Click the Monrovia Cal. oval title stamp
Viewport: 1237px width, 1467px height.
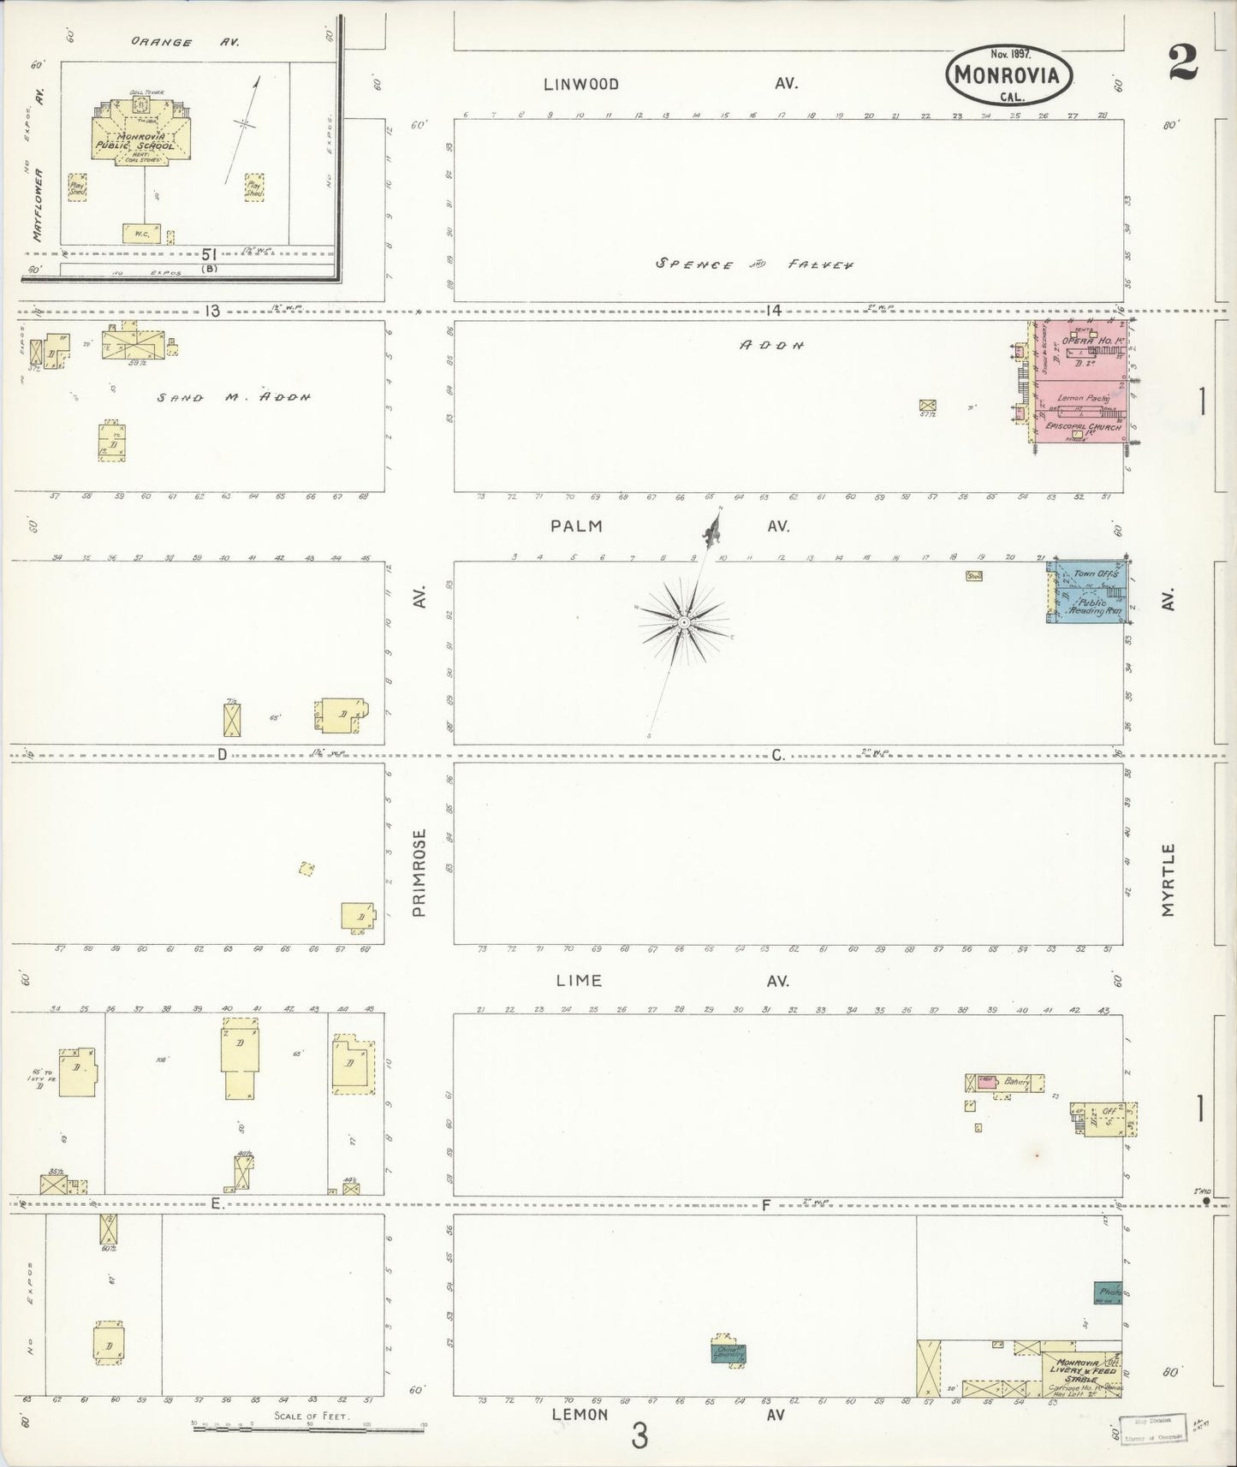[x=1008, y=74]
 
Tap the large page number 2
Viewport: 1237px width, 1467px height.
[x=1183, y=62]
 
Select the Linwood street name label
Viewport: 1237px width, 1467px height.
[x=581, y=84]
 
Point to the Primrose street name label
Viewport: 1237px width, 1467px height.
[x=419, y=873]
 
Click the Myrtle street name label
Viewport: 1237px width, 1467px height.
[x=1169, y=880]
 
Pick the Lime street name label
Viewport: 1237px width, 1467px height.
[x=579, y=981]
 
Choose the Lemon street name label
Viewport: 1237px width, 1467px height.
[x=580, y=1415]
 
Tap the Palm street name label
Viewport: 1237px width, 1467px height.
[x=577, y=526]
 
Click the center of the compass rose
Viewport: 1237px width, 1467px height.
[x=683, y=622]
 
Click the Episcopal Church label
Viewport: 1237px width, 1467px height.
[x=1084, y=427]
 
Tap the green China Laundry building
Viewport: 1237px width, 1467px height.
[x=729, y=1353]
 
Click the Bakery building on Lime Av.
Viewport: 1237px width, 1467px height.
[x=1014, y=1083]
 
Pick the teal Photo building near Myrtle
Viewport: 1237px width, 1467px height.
[x=1108, y=1292]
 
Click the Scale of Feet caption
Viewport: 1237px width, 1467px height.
[x=311, y=1416]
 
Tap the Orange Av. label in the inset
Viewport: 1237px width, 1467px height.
[x=185, y=42]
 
